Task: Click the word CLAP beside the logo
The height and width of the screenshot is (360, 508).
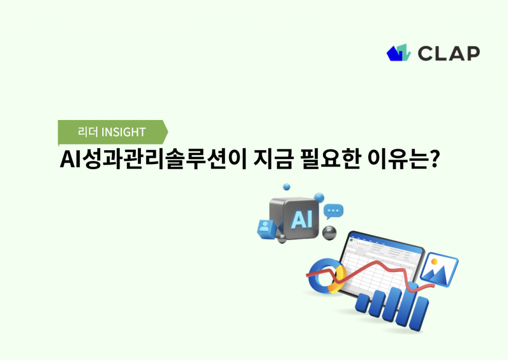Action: tap(448, 53)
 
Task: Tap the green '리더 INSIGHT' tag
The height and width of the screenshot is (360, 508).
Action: tap(113, 132)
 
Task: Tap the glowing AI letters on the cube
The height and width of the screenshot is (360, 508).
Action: tap(302, 218)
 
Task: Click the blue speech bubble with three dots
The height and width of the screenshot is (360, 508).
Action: tap(333, 212)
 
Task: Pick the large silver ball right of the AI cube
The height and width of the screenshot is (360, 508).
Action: tap(329, 232)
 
